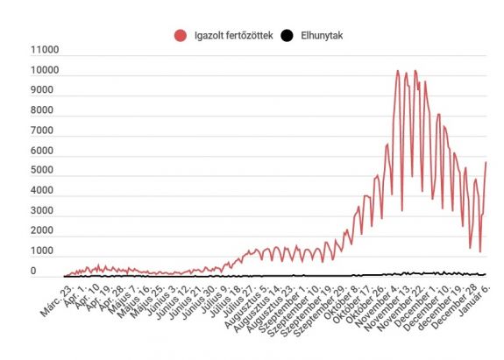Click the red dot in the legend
coord(181,36)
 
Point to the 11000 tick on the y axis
coord(44,51)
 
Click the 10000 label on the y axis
coord(44,71)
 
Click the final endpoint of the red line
coord(486,163)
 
